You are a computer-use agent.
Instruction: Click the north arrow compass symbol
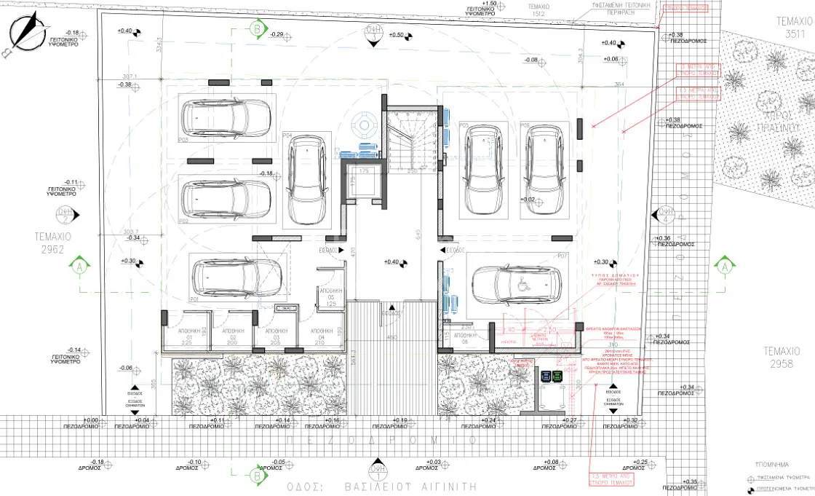(25, 32)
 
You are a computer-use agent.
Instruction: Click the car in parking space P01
(236, 277)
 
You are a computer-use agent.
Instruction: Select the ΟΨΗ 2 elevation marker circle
(65, 215)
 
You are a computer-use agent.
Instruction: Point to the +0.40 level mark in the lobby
(394, 262)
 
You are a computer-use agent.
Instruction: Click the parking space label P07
(562, 256)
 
